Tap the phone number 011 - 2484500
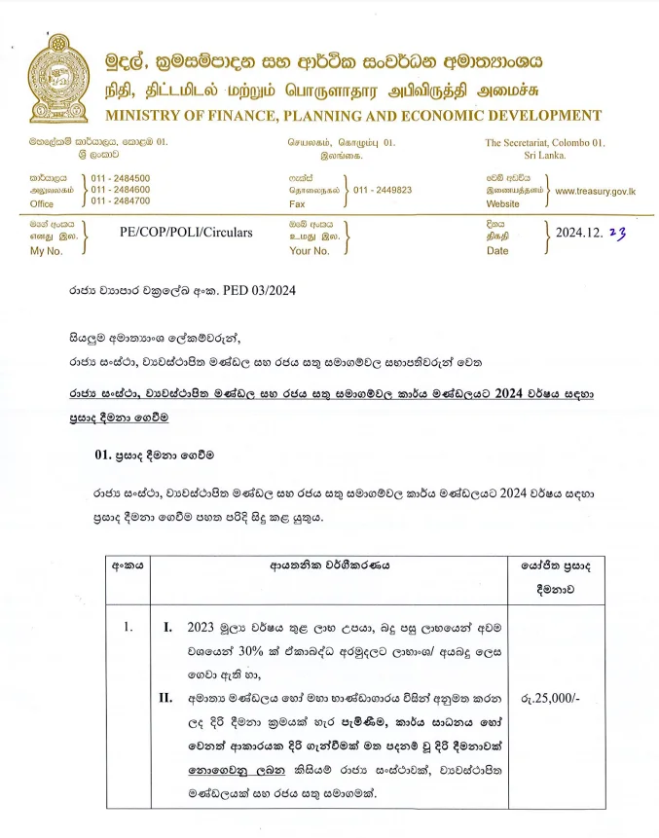(x=121, y=178)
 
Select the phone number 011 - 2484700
(x=121, y=201)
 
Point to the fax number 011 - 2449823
(x=383, y=190)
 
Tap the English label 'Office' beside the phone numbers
(x=42, y=204)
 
